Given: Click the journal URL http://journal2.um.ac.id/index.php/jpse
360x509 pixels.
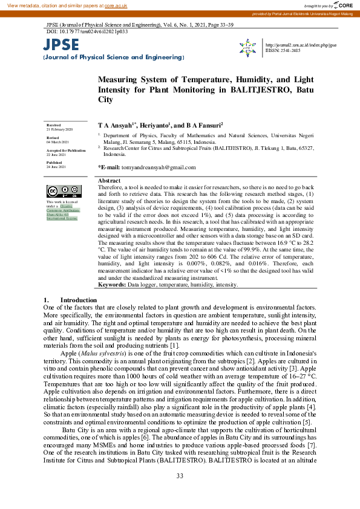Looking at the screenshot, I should click(x=301, y=45).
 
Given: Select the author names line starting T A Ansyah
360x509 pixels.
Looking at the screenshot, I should click(x=160, y=125).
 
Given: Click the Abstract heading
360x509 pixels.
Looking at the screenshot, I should click(x=109, y=181).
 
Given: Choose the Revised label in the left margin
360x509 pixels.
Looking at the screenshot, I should click(x=53, y=137).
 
